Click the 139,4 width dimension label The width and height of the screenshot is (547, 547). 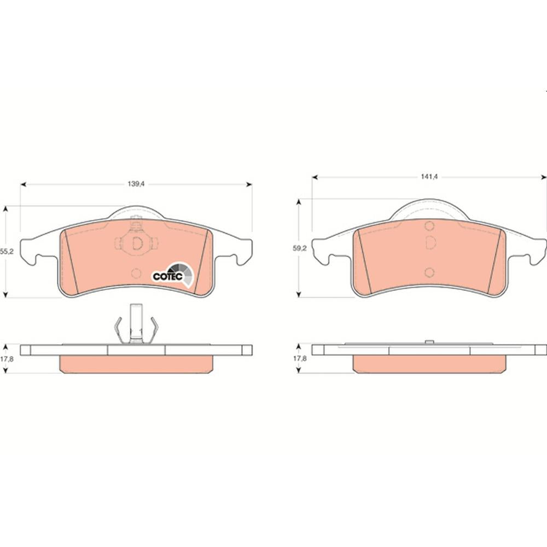136,184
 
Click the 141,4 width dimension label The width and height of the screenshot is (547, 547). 429,177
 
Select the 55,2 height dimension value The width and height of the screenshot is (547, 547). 7,251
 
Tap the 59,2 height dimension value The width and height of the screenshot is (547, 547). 300,248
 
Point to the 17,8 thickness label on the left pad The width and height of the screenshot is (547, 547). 7,359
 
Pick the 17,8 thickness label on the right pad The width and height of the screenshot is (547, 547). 300,358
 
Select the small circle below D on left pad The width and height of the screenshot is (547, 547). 136,273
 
